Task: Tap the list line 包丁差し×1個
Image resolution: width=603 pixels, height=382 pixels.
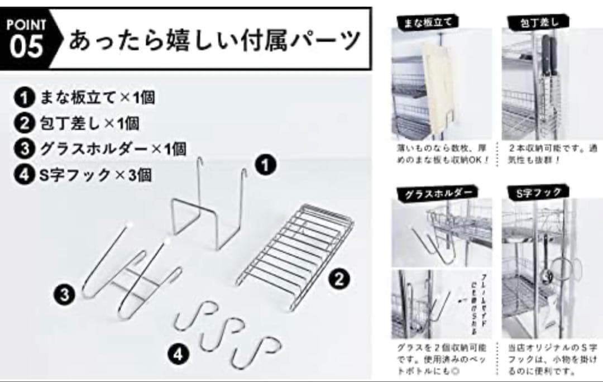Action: [x=78, y=123]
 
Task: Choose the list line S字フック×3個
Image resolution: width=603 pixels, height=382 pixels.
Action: [x=84, y=174]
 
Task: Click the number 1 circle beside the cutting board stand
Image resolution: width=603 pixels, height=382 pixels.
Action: [x=266, y=165]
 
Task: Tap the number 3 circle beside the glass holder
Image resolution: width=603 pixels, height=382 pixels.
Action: [x=66, y=294]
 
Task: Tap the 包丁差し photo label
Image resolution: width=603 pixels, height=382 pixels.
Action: [x=536, y=22]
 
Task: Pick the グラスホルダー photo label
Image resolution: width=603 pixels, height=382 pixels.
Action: [x=434, y=194]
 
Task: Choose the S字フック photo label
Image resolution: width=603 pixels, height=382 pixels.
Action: [x=535, y=193]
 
